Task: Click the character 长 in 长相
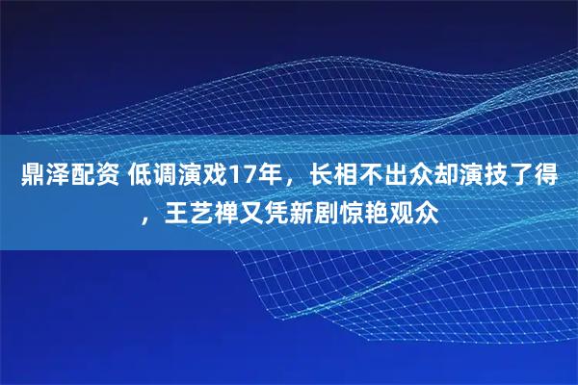[x=319, y=178]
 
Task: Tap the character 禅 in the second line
[x=227, y=211]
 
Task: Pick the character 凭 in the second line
[x=277, y=211]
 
